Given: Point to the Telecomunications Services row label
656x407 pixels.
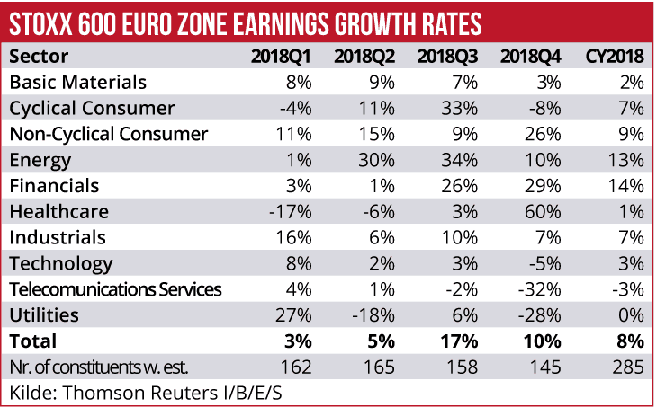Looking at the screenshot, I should (x=114, y=289).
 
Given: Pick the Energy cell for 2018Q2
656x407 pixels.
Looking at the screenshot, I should (x=378, y=160).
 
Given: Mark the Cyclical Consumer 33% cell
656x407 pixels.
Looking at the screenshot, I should (x=460, y=109).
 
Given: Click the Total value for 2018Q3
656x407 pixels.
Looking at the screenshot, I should (x=459, y=341).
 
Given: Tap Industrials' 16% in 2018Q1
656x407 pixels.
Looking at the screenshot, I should (x=295, y=237).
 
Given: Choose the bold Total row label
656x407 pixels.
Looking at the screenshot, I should (x=33, y=341).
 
